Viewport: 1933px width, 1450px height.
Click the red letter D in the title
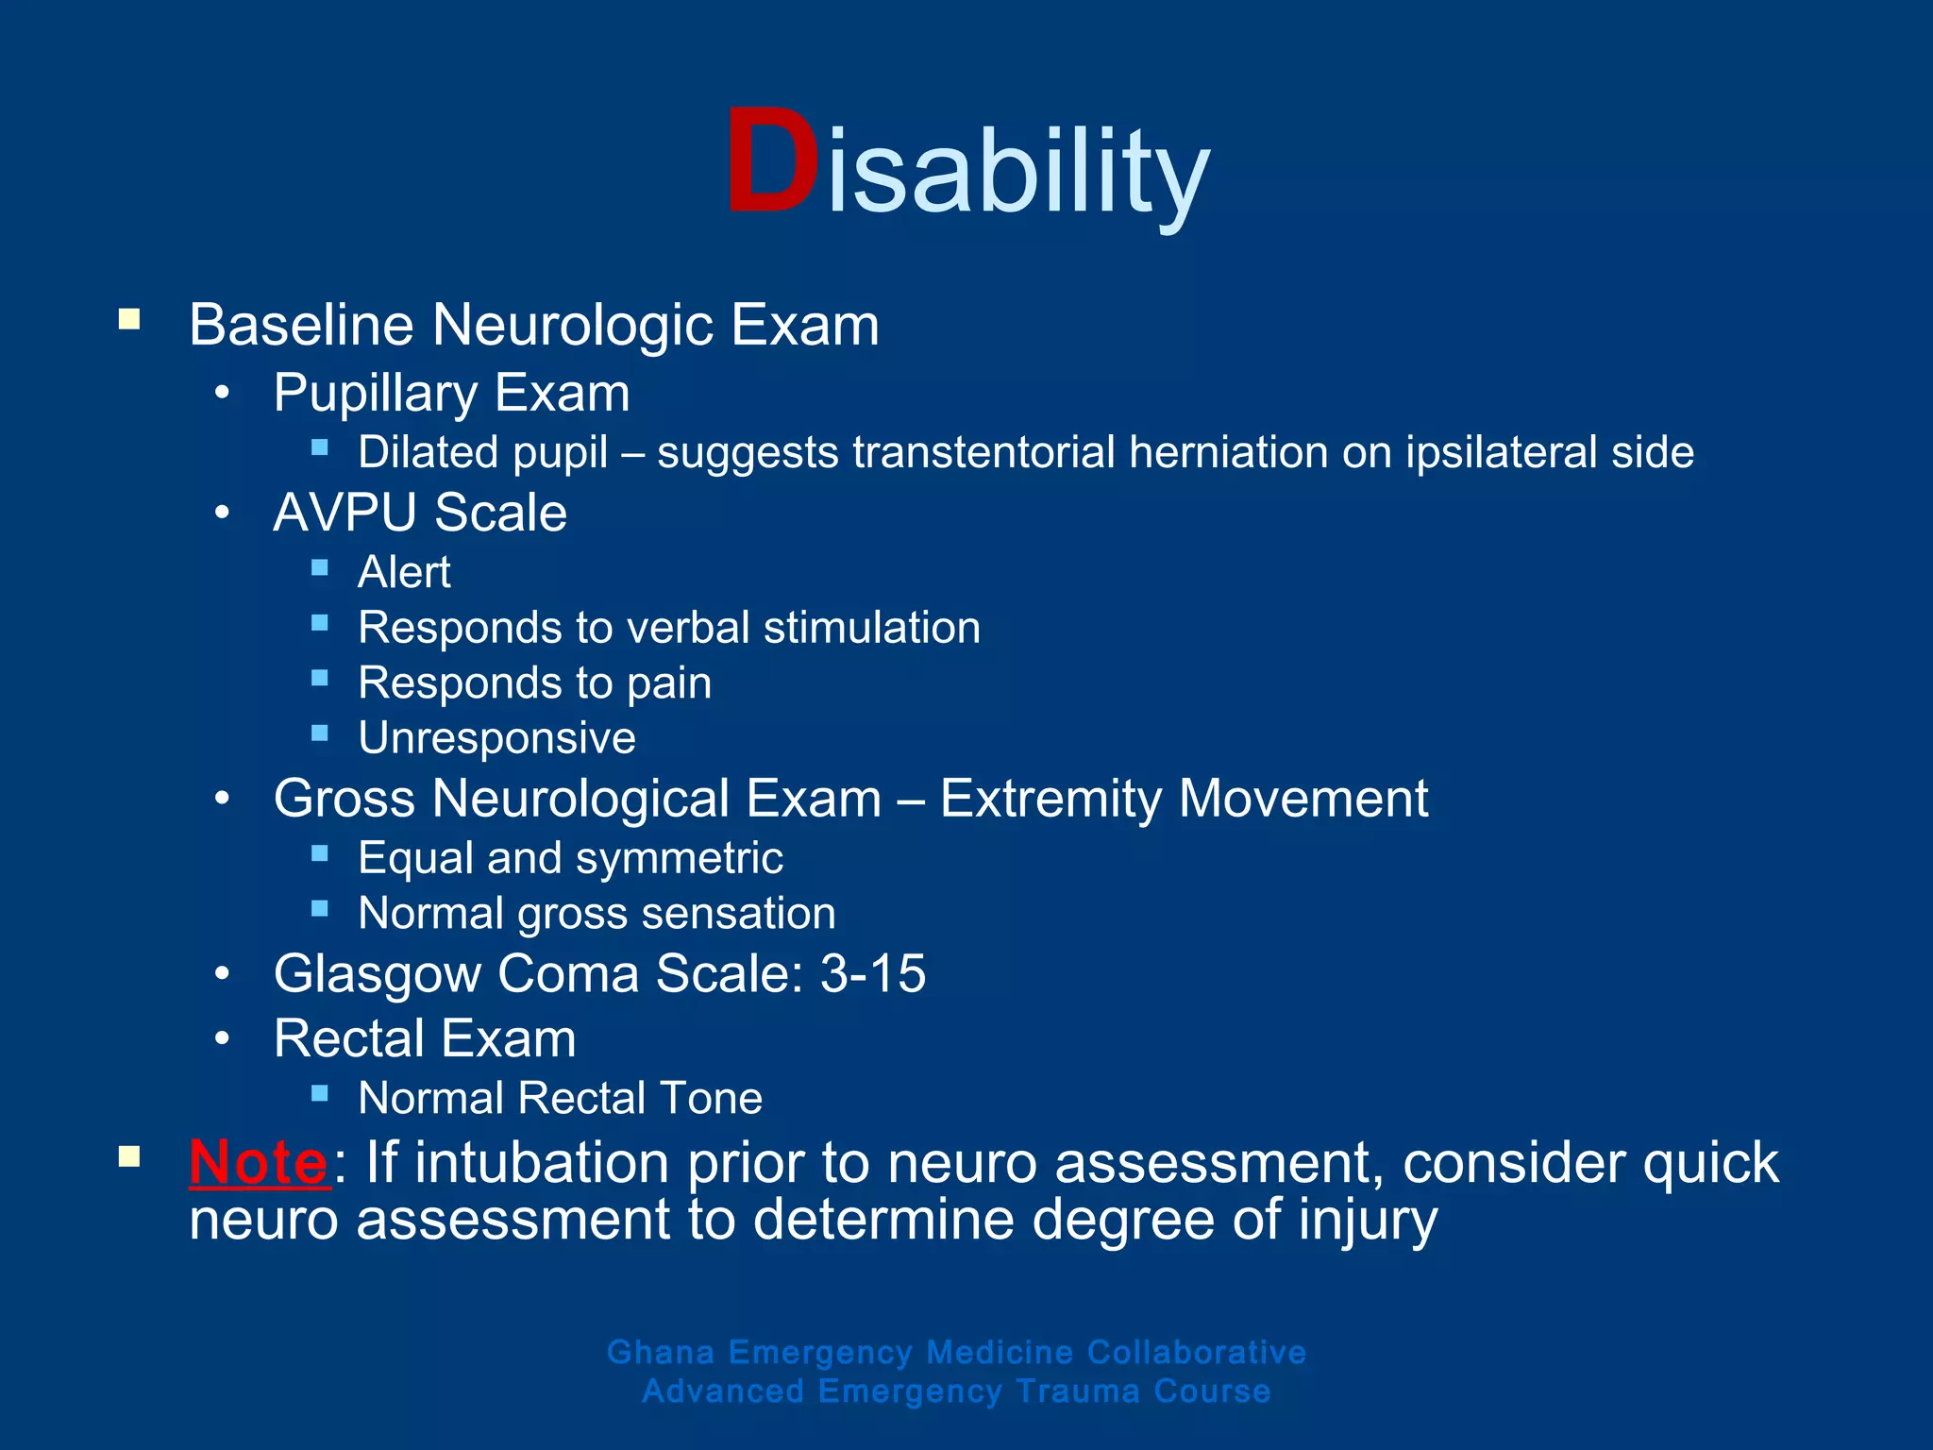pyautogui.click(x=771, y=163)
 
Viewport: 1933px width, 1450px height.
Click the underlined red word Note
pyautogui.click(x=259, y=1162)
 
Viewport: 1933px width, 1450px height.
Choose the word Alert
pyautogui.click(x=404, y=573)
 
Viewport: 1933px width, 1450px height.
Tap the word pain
pyautogui.click(x=669, y=683)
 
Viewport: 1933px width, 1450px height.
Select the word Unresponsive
pyautogui.click(x=496, y=738)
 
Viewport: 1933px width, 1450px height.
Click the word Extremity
pyautogui.click(x=1051, y=800)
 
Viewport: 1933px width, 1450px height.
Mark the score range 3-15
pyautogui.click(x=873, y=973)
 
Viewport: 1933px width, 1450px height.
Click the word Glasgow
pyautogui.click(x=377, y=975)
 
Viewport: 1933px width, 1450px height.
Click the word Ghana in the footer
pyautogui.click(x=661, y=1352)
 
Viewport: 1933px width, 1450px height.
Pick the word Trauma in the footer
pyautogui.click(x=1078, y=1391)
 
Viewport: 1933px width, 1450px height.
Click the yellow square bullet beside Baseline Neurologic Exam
pyautogui.click(x=129, y=319)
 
